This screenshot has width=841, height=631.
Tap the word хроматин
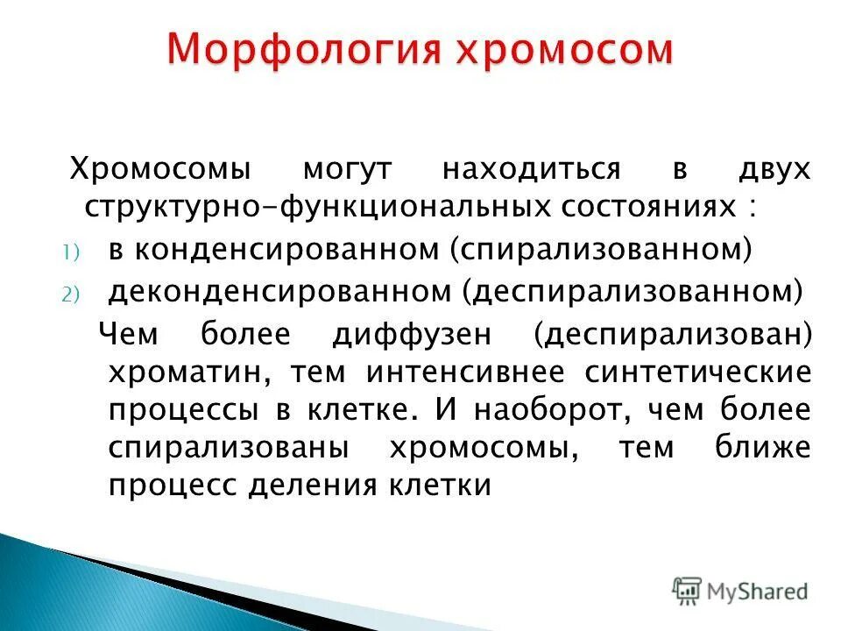[x=192, y=372]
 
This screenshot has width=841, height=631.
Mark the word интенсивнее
[x=465, y=372]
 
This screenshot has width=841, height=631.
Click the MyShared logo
[x=739, y=592]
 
